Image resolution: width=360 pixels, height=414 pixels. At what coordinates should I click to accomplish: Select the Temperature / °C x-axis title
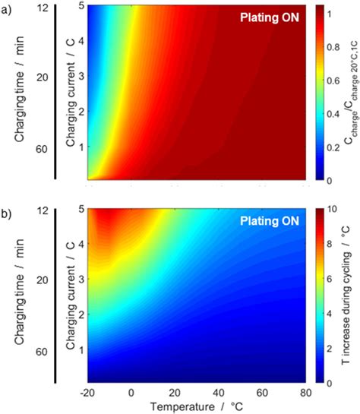point(198,406)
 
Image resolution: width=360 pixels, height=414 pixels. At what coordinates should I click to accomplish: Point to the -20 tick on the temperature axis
point(87,393)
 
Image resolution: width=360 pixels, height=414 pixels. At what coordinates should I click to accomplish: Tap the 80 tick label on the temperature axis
point(305,393)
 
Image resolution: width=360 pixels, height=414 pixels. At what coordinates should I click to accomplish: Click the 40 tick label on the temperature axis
point(219,393)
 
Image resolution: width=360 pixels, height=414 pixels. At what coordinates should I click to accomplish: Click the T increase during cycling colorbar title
point(352,296)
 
